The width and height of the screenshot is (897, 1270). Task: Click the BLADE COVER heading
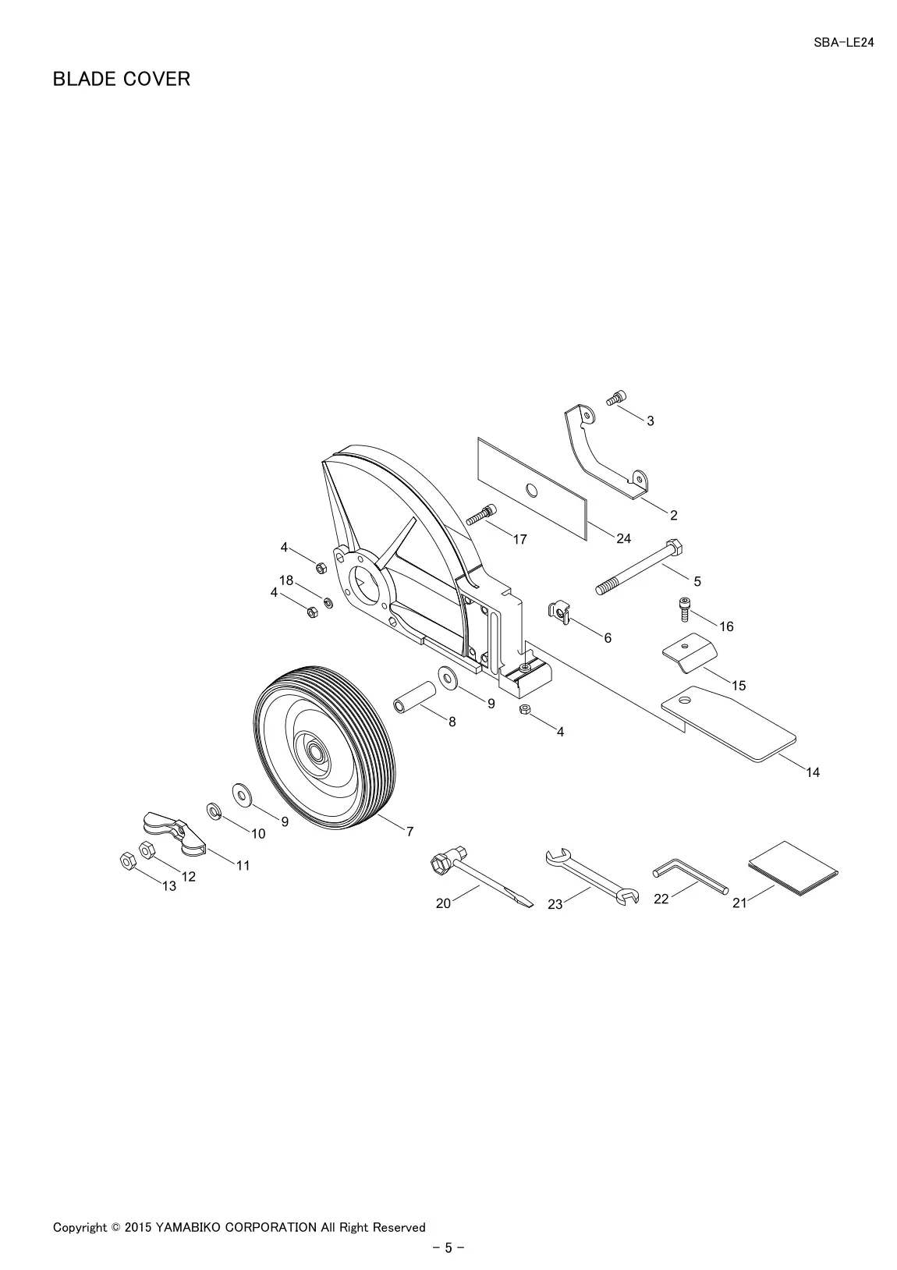coord(122,79)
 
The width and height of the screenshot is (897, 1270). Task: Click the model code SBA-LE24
coord(844,43)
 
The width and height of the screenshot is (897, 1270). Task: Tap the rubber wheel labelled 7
coord(324,749)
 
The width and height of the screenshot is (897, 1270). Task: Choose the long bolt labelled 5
coord(639,566)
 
